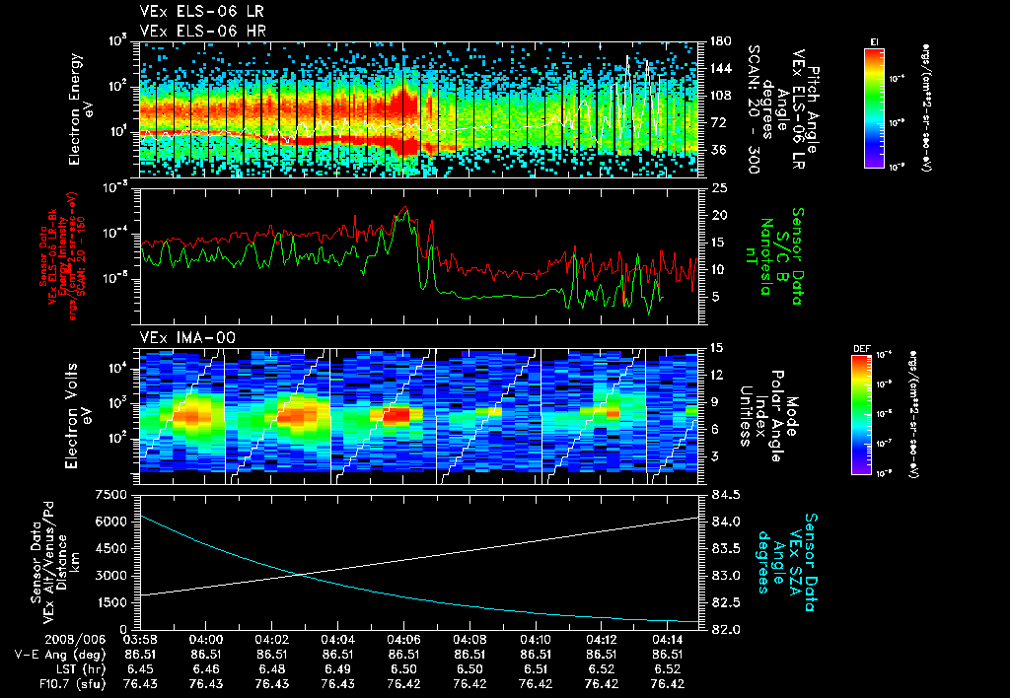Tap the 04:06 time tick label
[403, 639]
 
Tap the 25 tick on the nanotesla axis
[719, 187]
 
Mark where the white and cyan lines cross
[299, 574]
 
